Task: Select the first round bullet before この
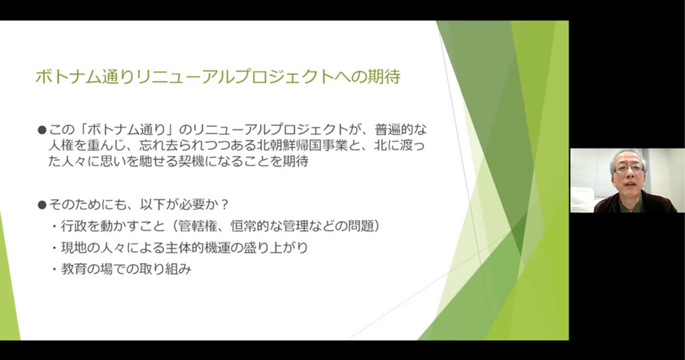42,130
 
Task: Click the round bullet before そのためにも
42,205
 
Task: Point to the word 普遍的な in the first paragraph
400,130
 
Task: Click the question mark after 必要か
225,205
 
